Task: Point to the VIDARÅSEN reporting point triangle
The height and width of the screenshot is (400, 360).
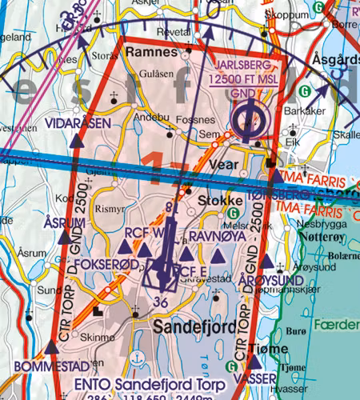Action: (76, 141)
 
